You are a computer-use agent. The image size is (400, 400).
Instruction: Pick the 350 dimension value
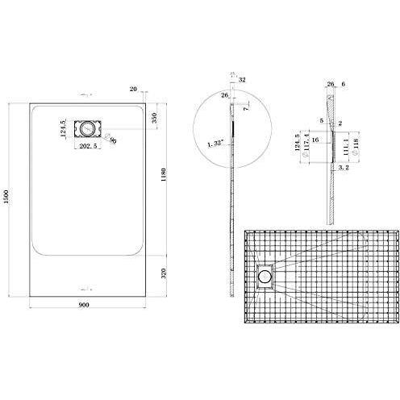click(x=155, y=118)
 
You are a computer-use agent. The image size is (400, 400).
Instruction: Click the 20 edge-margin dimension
click(x=133, y=90)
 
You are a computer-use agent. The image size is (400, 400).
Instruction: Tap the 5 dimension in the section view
click(x=320, y=120)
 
